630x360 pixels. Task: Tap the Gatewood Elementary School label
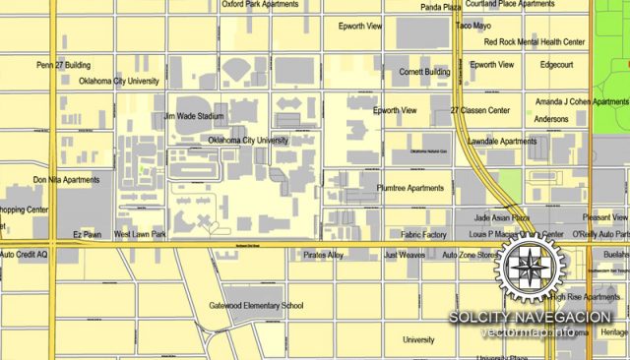256,306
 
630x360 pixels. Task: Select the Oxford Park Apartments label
260,4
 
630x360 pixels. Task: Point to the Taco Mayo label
473,26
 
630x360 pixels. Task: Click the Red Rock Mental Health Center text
535,42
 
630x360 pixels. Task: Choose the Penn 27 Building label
63,65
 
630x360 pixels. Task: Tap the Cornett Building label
424,72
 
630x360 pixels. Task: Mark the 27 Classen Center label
479,111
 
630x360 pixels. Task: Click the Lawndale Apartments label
502,142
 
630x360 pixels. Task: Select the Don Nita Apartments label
66,180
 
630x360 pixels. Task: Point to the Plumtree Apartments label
410,188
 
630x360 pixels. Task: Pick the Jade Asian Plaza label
502,217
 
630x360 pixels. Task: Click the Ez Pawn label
89,235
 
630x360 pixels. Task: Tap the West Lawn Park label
140,235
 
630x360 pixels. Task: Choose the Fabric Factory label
424,235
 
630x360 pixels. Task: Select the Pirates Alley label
324,255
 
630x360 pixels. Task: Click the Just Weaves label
405,255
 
